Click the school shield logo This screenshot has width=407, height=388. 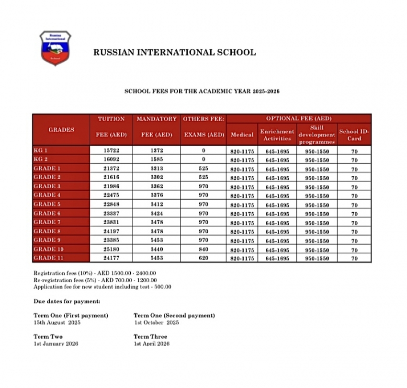(55, 48)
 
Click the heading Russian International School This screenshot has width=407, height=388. (174, 53)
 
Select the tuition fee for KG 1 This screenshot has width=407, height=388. (112, 151)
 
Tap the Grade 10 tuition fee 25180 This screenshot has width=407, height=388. (112, 250)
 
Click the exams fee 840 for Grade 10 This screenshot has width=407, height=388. (203, 250)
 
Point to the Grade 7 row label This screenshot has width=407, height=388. (47, 222)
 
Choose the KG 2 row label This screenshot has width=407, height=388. (42, 160)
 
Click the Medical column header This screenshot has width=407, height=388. (242, 135)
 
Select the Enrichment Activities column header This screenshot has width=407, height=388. (277, 135)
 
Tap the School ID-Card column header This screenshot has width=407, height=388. (354, 135)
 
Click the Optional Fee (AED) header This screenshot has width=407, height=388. (299, 118)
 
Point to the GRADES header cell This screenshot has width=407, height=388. (61, 129)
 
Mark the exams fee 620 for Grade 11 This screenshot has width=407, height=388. (203, 259)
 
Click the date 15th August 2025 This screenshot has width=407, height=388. (57, 323)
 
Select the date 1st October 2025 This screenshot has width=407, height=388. (156, 323)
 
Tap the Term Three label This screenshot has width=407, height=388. (150, 336)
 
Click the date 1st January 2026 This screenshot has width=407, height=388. (56, 344)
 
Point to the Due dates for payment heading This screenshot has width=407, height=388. (67, 301)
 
